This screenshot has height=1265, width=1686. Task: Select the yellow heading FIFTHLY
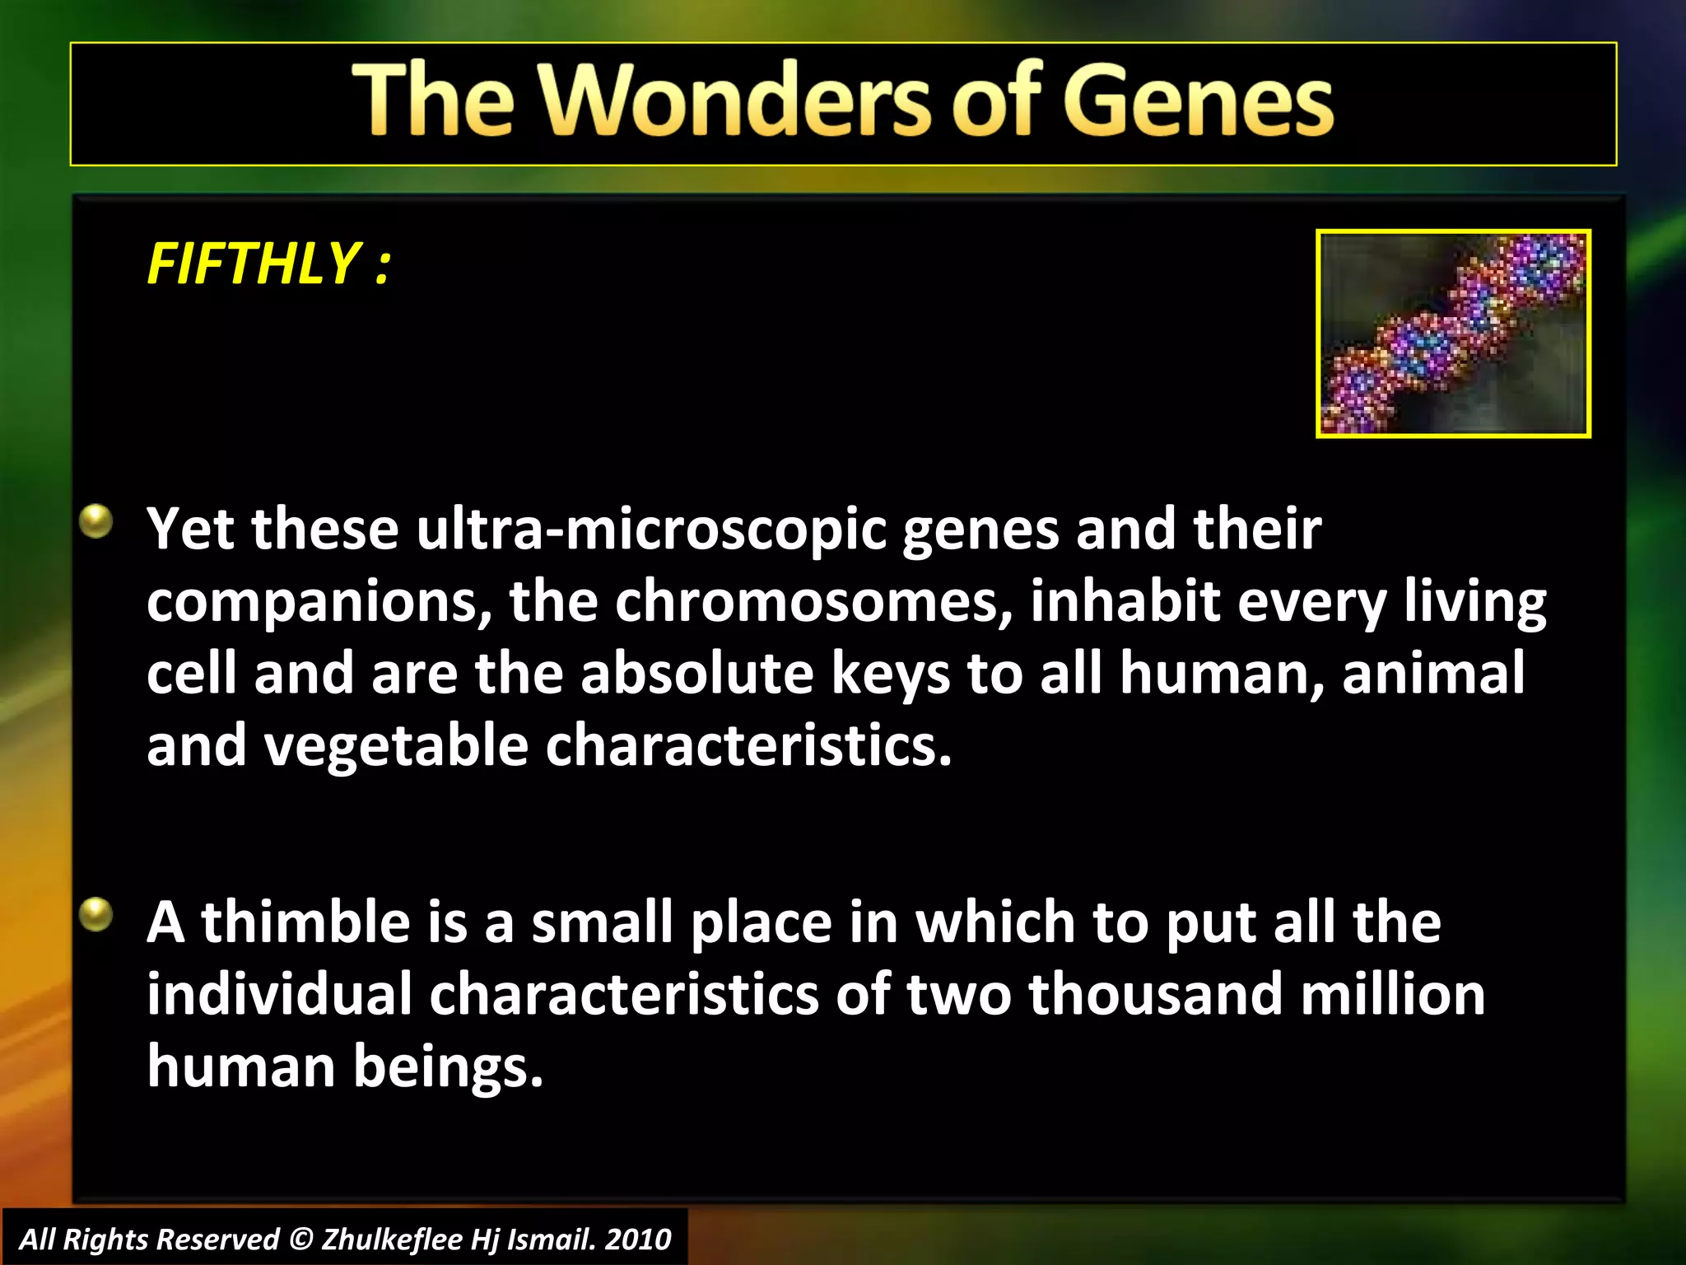click(x=254, y=264)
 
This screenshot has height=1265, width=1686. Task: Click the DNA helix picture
click(x=1453, y=334)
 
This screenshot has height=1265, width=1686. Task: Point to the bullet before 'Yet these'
click(x=96, y=521)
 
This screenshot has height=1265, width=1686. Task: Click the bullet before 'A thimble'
click(x=96, y=914)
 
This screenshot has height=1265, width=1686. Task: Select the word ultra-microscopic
click(x=650, y=530)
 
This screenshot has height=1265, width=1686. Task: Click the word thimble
click(x=305, y=922)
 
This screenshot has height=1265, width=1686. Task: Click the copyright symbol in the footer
click(x=301, y=1239)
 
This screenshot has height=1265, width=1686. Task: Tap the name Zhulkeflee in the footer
click(x=391, y=1239)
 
